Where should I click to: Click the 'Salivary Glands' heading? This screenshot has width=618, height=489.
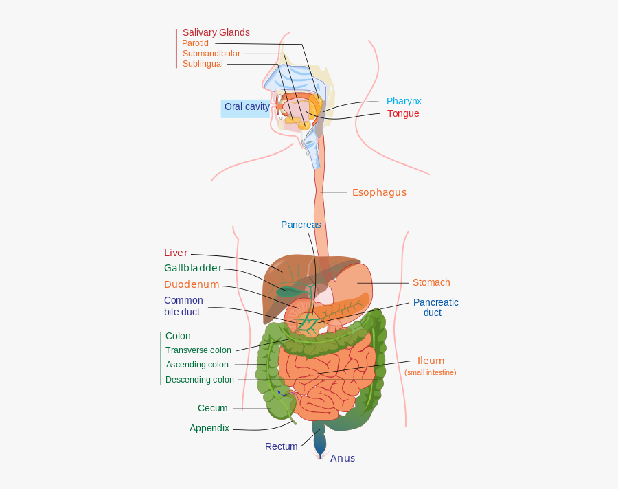(216, 32)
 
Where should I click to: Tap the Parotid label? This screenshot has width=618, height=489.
(195, 43)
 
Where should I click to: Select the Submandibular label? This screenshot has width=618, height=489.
(211, 54)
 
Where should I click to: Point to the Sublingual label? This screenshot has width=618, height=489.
(203, 64)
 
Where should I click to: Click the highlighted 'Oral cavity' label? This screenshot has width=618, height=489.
(247, 107)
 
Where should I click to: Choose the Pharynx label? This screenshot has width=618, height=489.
(404, 101)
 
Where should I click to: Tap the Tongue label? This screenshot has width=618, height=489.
(403, 113)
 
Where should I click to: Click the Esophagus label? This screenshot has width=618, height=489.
(379, 192)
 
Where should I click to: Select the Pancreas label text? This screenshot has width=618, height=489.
(301, 225)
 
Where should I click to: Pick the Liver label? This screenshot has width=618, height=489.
(176, 253)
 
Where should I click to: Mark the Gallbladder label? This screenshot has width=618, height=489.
(193, 268)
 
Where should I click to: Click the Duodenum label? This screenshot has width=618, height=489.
(192, 284)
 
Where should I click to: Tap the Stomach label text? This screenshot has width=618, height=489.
(431, 282)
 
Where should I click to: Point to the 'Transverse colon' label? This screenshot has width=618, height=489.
(198, 350)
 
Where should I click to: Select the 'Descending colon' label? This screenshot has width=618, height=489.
(200, 380)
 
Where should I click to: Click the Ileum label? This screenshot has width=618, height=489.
(431, 361)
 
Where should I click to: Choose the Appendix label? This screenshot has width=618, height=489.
(209, 428)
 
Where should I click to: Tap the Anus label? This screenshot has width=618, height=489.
(343, 458)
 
